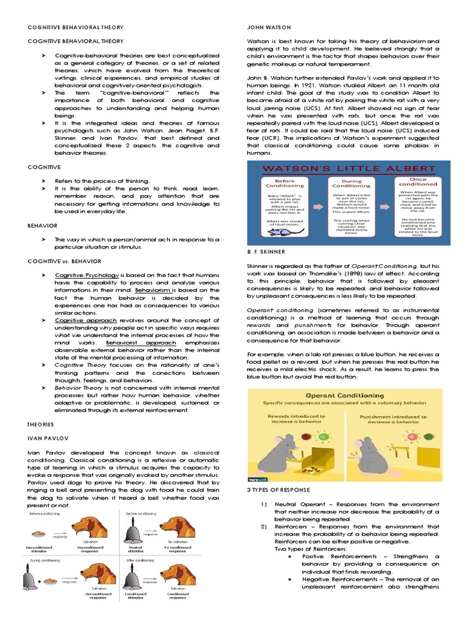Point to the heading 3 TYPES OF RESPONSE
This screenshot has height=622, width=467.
click(278, 490)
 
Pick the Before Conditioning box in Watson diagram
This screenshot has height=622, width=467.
click(285, 207)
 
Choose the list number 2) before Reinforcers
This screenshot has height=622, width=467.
click(264, 527)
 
